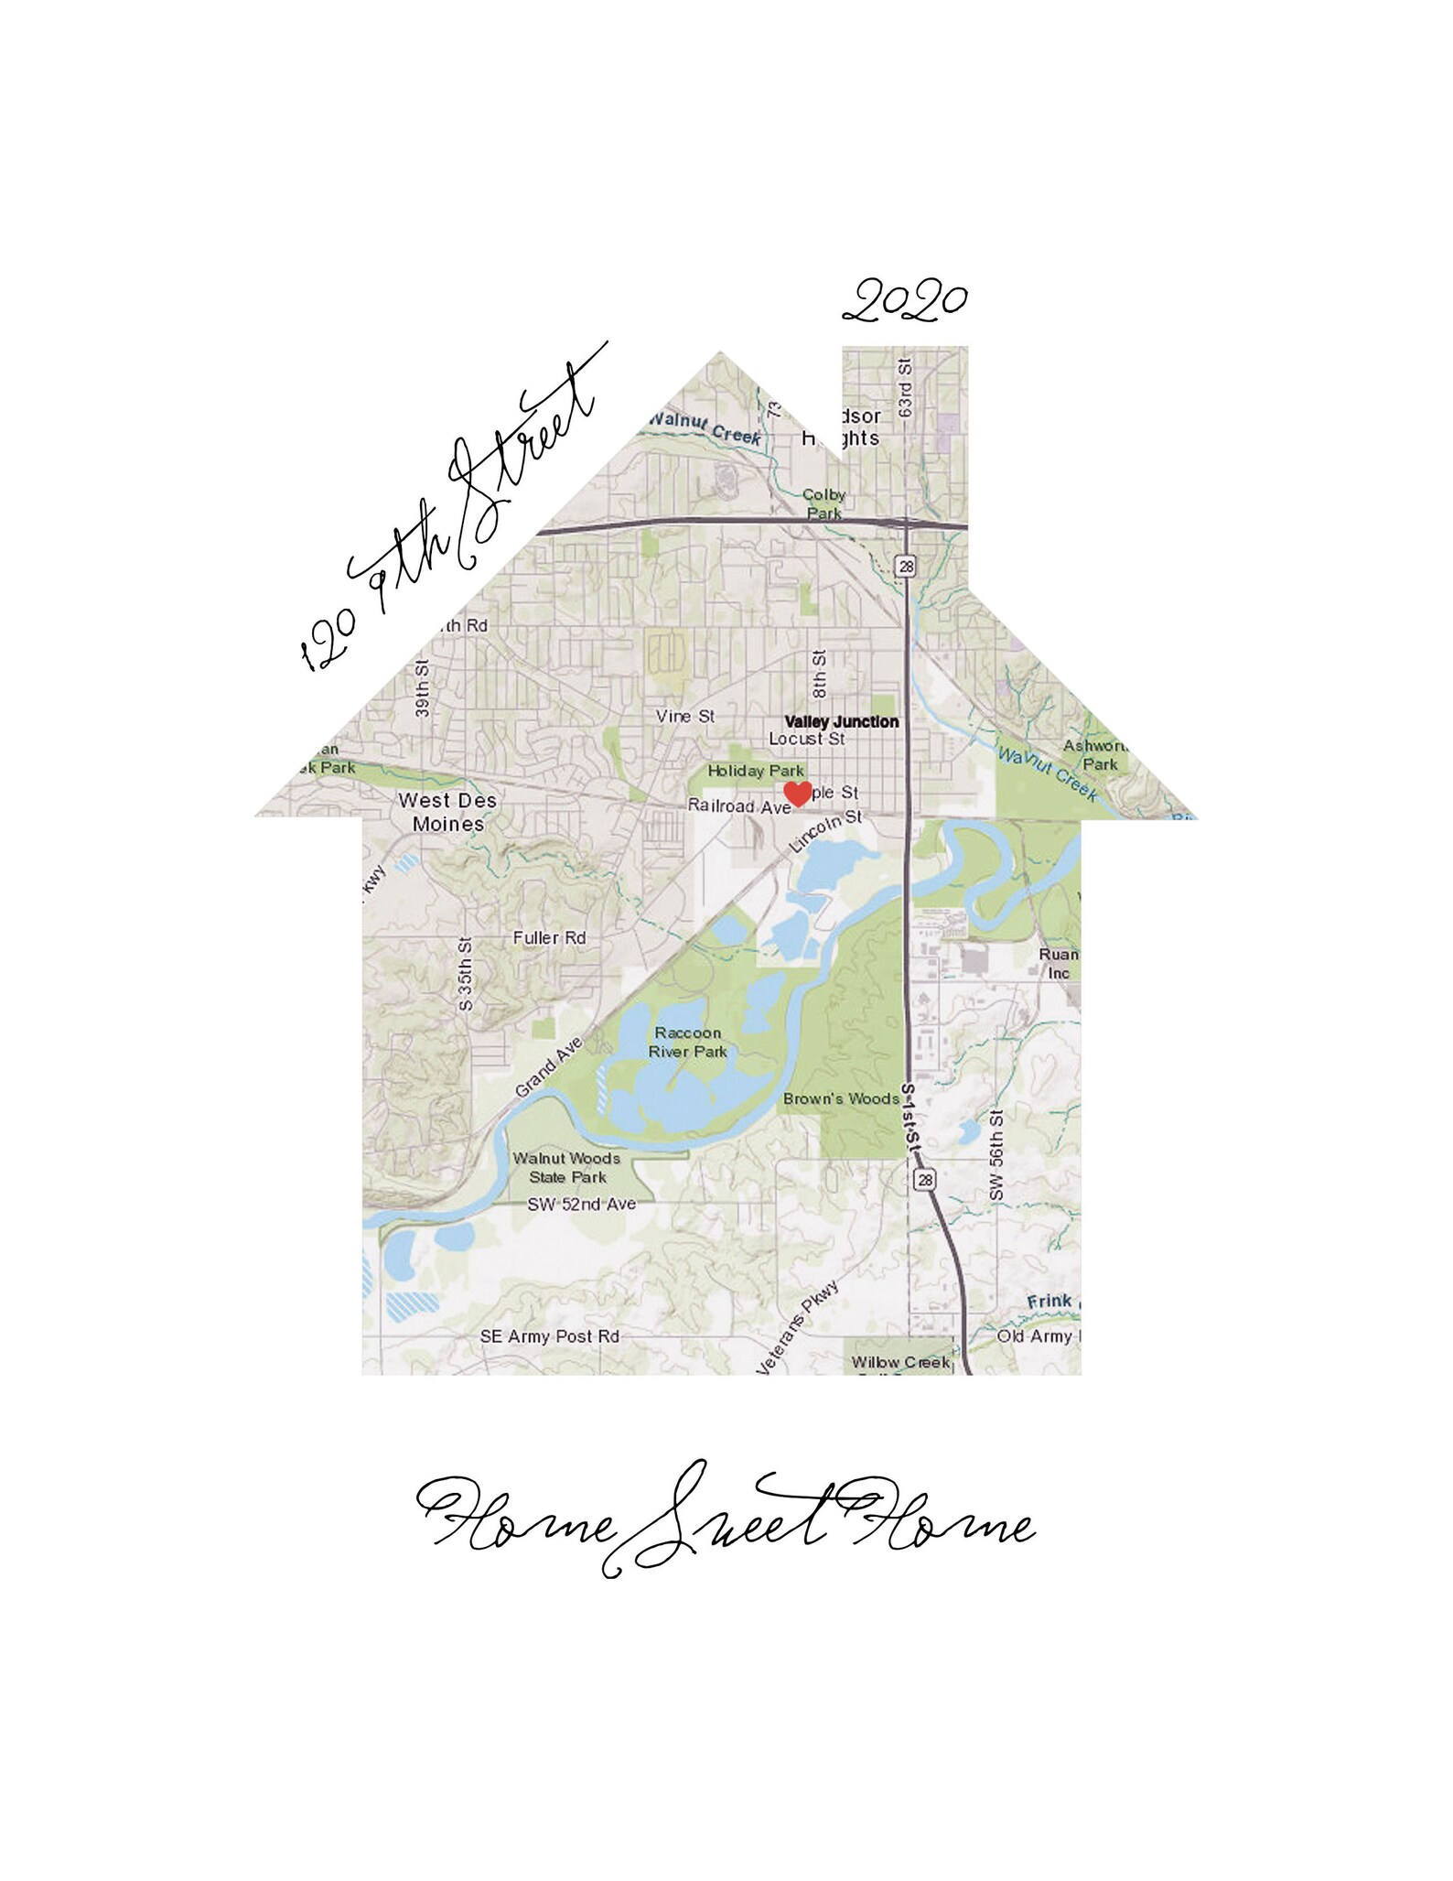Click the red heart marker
pyautogui.click(x=798, y=794)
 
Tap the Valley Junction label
pyautogui.click(x=841, y=721)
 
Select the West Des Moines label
pyautogui.click(x=447, y=811)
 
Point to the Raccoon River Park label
pyautogui.click(x=687, y=1042)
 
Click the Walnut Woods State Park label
pyautogui.click(x=566, y=1167)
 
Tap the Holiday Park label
pyautogui.click(x=755, y=771)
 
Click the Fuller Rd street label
pyautogui.click(x=549, y=937)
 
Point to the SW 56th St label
pyautogui.click(x=996, y=1155)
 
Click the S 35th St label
pyautogui.click(x=465, y=973)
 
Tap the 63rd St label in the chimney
pyautogui.click(x=906, y=388)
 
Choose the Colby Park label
pyautogui.click(x=823, y=503)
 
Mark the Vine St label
pyautogui.click(x=684, y=716)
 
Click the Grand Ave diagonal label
pyautogui.click(x=548, y=1066)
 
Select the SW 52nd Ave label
pyautogui.click(x=581, y=1205)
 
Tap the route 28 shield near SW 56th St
pyautogui.click(x=925, y=1180)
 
